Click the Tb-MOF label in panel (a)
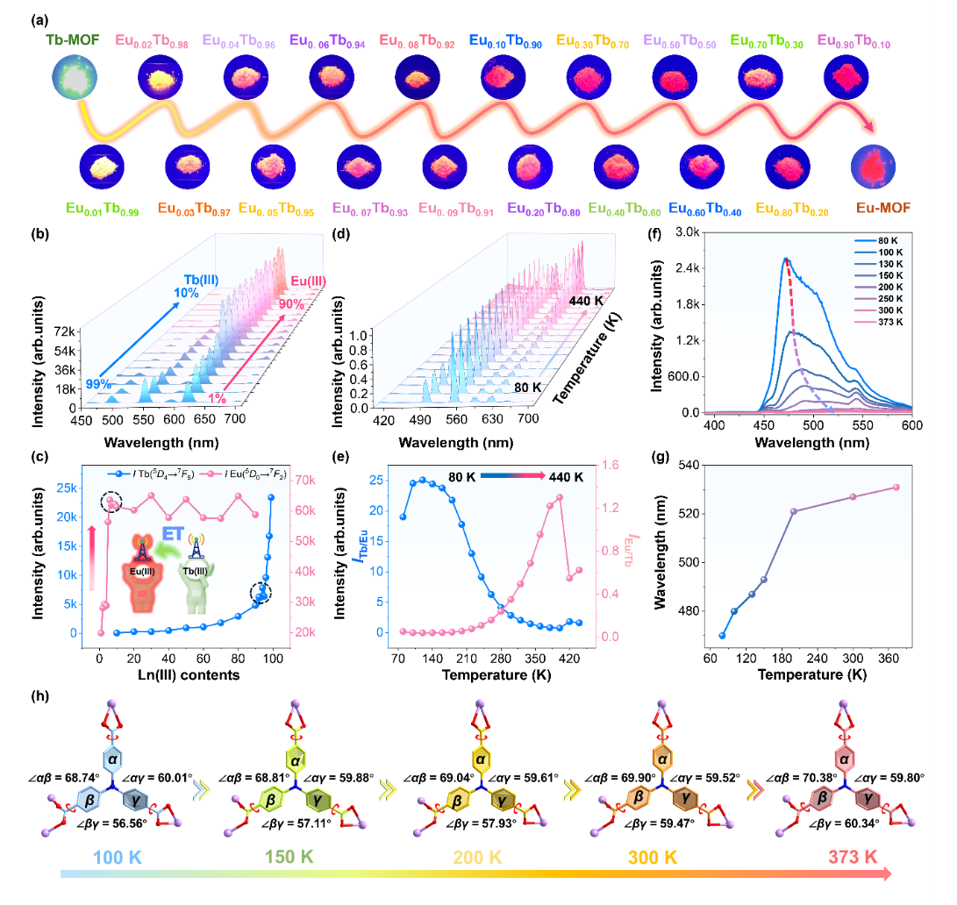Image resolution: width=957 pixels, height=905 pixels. click(69, 40)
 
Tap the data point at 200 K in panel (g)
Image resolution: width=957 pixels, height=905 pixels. click(794, 511)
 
